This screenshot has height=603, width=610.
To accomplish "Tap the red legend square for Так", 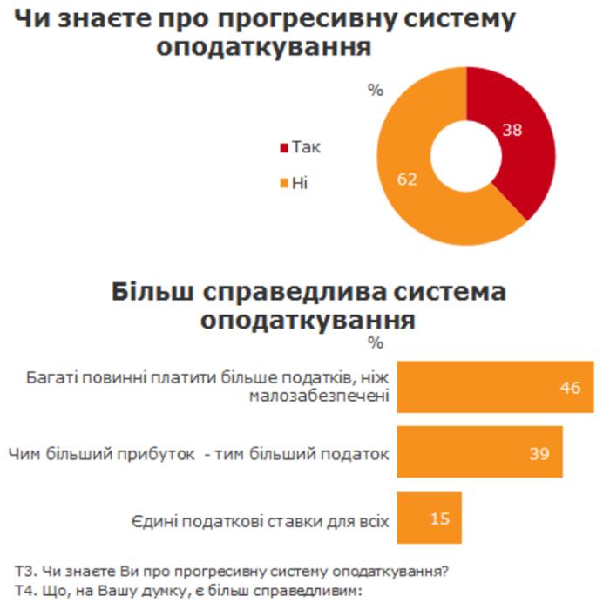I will coord(282,147).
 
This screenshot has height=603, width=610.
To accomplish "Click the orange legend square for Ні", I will coord(282,183).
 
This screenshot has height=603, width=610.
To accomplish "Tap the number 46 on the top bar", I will coord(570,386).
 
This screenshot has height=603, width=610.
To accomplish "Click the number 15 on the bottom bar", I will coord(439,518).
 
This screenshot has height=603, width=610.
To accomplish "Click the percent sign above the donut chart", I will coord(376,90).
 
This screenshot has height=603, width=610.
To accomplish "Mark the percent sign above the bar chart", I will coord(376,342).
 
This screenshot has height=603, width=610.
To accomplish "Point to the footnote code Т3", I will coord(24,572).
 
